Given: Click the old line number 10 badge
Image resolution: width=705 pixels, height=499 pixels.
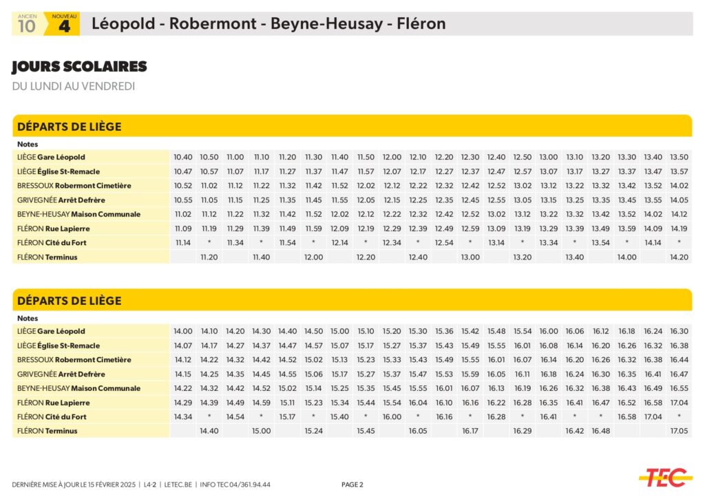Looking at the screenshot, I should (x=27, y=25).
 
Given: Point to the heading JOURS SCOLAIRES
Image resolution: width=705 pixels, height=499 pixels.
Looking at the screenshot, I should (x=79, y=67).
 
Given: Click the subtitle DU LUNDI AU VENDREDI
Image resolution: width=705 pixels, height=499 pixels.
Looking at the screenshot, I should (x=73, y=86).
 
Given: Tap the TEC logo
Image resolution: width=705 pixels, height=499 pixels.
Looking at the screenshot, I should (x=665, y=476).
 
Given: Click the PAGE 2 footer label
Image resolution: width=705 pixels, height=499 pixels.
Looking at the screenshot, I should (x=352, y=485).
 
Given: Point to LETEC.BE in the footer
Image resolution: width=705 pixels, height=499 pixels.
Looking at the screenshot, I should (x=178, y=485).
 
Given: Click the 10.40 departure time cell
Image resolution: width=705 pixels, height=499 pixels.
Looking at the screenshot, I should (x=183, y=157).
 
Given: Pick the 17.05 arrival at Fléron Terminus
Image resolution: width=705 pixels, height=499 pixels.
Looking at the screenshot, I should (x=679, y=431).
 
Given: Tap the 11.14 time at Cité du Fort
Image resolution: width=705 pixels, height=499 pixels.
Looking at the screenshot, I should (x=183, y=242).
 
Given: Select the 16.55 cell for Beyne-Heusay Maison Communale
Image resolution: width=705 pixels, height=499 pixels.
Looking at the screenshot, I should (x=679, y=388).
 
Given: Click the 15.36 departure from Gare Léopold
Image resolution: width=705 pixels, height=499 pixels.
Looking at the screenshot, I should (x=444, y=331).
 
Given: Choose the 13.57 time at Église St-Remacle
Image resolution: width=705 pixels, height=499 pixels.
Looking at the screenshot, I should (x=679, y=171).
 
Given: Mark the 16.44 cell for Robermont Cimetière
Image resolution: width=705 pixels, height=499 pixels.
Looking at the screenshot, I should (x=679, y=360).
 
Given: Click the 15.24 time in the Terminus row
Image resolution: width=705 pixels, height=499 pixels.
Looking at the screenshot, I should (x=313, y=431).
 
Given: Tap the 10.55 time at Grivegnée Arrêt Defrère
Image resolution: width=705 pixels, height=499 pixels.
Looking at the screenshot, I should (x=183, y=200).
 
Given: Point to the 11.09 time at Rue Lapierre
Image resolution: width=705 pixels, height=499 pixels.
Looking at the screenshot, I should (x=183, y=229).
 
